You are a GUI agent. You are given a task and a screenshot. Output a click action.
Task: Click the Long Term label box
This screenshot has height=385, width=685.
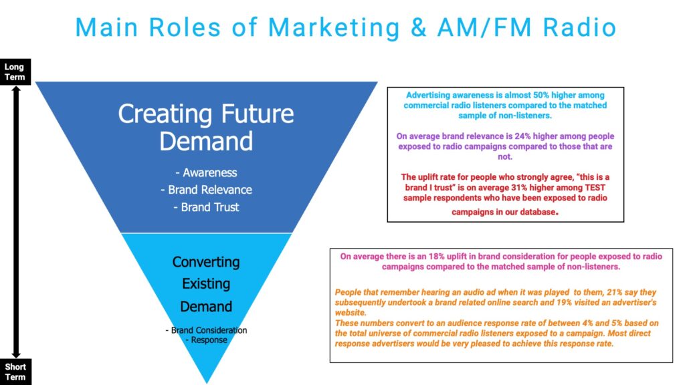pyautogui.click(x=15, y=72)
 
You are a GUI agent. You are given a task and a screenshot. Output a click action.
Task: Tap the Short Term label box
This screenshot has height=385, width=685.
pyautogui.click(x=15, y=372)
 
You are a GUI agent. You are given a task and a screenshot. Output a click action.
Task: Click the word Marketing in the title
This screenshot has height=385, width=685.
pyautogui.click(x=334, y=27)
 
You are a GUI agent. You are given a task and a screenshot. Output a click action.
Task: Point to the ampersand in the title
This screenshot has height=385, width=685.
pyautogui.click(x=419, y=27)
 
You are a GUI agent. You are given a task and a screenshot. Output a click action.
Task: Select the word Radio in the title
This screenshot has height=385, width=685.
pyautogui.click(x=579, y=27)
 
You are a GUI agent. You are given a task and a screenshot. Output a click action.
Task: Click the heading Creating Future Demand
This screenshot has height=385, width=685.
pyautogui.click(x=206, y=127)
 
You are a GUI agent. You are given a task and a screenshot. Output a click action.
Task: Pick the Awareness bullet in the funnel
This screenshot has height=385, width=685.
pyautogui.click(x=206, y=173)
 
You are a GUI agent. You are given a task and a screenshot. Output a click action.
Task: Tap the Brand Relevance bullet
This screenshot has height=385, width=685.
pyautogui.click(x=206, y=190)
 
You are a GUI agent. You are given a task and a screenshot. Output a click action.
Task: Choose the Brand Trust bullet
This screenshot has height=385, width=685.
pyautogui.click(x=206, y=207)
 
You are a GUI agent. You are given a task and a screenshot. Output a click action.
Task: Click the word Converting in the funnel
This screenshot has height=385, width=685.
pyautogui.click(x=206, y=262)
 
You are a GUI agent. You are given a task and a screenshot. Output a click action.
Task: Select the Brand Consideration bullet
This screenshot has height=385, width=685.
pyautogui.click(x=206, y=330)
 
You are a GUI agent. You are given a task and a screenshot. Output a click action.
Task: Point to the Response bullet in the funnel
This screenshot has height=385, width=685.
pyautogui.click(x=206, y=340)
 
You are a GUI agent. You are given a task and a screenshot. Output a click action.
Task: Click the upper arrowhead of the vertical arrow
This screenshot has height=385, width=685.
pyautogui.click(x=16, y=89)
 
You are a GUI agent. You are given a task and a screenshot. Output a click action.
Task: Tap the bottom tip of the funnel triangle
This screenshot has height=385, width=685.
pyautogui.click(x=207, y=383)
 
